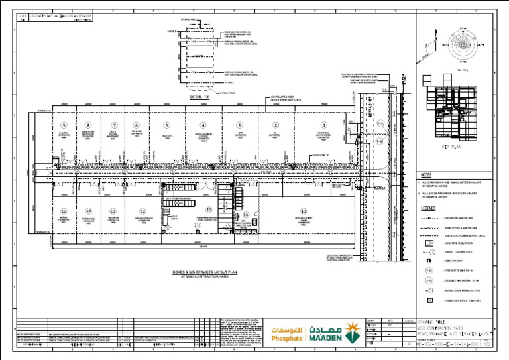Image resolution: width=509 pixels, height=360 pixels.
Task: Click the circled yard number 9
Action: [x=64, y=125]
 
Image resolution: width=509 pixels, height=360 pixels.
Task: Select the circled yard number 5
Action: [x=166, y=125]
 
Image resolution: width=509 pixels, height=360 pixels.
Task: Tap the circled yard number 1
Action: [x=324, y=125]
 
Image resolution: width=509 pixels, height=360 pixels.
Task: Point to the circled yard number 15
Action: [x=64, y=211]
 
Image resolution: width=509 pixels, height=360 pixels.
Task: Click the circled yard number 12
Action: [x=135, y=211]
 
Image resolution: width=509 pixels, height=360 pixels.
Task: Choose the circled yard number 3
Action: [x=239, y=125]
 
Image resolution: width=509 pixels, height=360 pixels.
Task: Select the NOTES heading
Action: [x=426, y=175]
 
